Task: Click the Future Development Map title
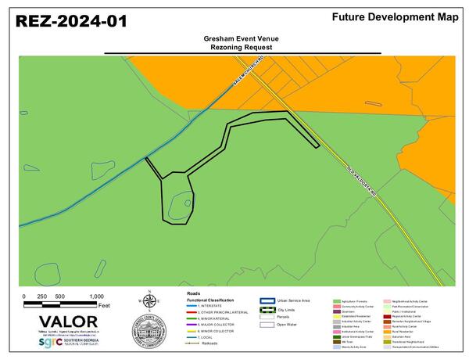coord(395,16)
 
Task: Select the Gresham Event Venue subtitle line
coord(242,38)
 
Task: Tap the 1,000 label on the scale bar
coord(96,297)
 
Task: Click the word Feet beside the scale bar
coord(104,304)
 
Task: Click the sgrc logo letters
coord(52,343)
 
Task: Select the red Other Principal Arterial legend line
coord(179,312)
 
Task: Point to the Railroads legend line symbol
coord(179,343)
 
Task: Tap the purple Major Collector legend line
coord(179,325)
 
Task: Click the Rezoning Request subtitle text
coord(242,46)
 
